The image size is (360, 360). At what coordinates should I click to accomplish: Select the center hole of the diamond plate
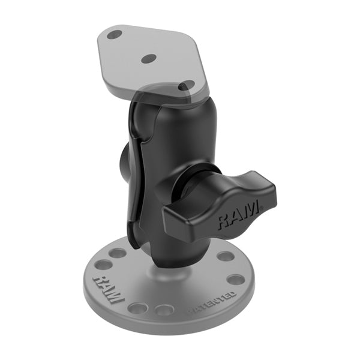[x=149, y=58]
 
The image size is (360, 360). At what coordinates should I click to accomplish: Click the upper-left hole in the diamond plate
[x=115, y=35]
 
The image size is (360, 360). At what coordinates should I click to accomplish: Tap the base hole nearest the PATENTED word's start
[x=166, y=310]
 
